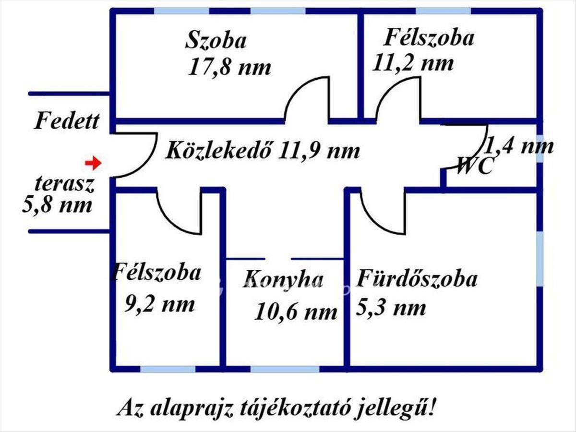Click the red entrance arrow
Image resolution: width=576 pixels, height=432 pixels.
(x=93, y=163)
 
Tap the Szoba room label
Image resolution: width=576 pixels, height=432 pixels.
(x=216, y=40)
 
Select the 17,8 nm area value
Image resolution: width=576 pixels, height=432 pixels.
(x=229, y=67)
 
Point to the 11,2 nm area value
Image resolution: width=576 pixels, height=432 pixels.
(x=413, y=63)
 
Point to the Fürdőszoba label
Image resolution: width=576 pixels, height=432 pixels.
(x=417, y=278)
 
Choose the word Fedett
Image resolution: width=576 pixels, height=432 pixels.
(x=67, y=121)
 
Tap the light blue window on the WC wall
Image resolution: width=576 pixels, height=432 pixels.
(x=540, y=148)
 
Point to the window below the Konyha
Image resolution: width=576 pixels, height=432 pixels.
(x=285, y=369)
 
